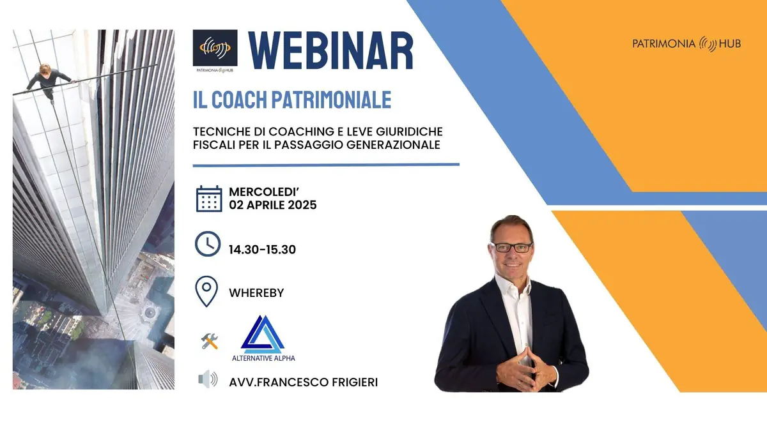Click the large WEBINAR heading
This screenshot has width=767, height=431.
point(331,50)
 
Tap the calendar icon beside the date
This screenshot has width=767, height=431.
point(209,199)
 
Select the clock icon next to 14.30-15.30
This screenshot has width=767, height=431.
point(208,244)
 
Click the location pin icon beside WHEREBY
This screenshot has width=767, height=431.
point(206,291)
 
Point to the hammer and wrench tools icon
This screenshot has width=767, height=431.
point(209,341)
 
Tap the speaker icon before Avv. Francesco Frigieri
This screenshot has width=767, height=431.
point(208,379)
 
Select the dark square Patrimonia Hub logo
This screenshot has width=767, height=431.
point(215,48)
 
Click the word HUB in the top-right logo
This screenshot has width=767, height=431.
point(730,44)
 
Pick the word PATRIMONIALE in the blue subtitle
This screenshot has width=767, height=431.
point(332,100)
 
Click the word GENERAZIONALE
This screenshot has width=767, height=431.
point(393,145)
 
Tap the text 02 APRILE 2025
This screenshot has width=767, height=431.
point(273,205)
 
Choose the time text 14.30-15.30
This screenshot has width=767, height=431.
point(262,250)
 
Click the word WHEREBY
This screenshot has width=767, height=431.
point(256,293)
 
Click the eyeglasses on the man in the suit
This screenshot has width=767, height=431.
point(513,247)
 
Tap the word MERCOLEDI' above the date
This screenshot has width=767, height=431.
point(264,192)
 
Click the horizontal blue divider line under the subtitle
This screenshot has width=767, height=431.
point(326,165)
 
